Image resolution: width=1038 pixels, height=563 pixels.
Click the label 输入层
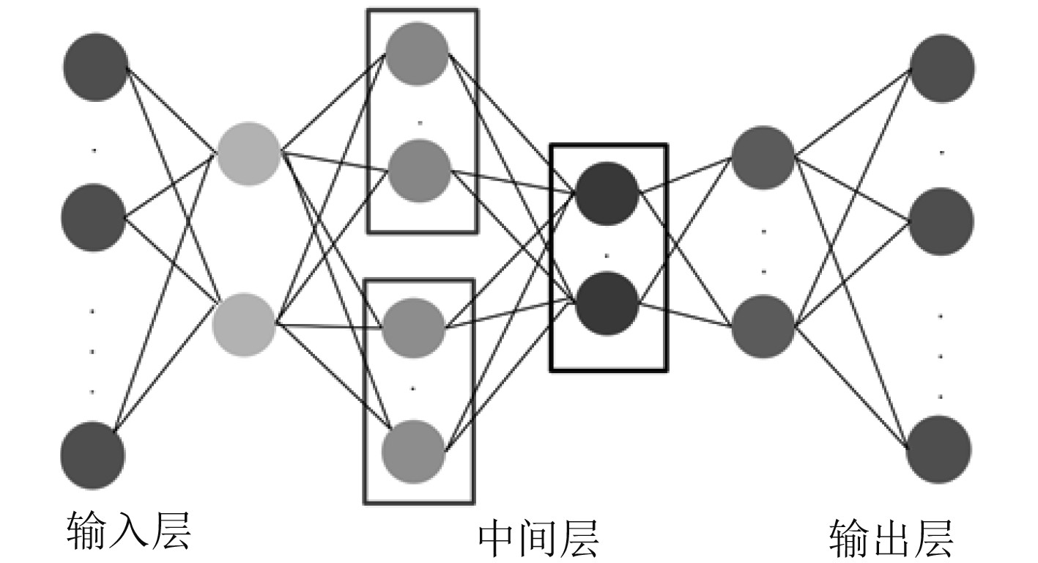(129, 531)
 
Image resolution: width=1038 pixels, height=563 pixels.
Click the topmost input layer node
(95, 67)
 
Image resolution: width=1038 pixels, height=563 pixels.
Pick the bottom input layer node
(92, 455)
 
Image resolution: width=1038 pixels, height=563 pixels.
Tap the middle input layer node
(93, 217)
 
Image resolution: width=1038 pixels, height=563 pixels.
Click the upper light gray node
(249, 154)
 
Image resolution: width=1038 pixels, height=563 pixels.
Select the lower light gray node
(245, 324)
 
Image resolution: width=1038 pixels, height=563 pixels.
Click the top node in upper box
(418, 53)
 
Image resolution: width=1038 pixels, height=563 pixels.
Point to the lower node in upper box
(419, 171)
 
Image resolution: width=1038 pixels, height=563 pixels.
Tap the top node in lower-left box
(415, 324)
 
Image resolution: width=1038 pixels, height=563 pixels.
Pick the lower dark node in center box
(607, 303)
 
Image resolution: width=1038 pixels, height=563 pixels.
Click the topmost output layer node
(942, 68)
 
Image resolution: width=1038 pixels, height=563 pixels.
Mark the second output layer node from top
(942, 221)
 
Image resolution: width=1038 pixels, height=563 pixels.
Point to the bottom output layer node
(939, 449)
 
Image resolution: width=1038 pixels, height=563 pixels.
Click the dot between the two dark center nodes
(607, 256)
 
